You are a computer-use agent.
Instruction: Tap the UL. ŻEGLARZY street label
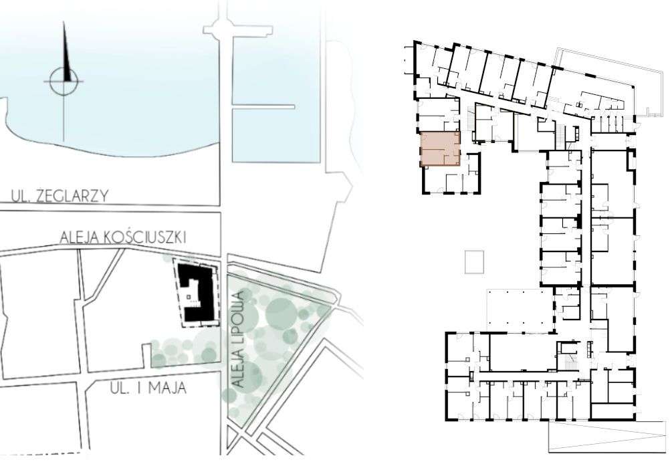[60, 196]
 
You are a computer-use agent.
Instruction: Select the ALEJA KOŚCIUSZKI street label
[122, 237]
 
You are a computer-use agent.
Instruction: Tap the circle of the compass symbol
[64, 82]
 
